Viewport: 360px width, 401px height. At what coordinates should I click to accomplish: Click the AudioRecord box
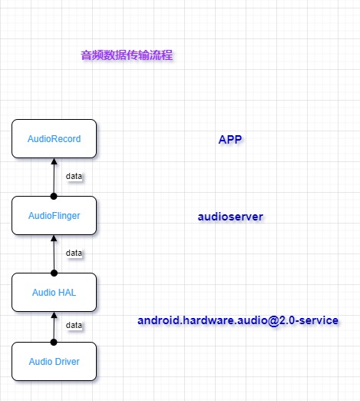coord(54,139)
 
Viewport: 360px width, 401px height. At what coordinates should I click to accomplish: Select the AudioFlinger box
coord(54,216)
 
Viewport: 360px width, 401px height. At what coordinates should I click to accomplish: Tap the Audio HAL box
coord(54,292)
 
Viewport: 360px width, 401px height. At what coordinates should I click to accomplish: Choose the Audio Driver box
coord(54,361)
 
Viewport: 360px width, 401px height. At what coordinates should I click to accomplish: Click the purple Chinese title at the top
coord(127,55)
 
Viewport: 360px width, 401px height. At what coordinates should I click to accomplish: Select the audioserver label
coord(230,217)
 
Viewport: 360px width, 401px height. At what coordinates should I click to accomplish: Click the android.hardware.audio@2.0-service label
coord(238,320)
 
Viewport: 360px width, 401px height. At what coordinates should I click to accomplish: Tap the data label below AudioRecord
coord(74,176)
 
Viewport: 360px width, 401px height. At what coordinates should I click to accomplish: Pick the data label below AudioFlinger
coord(74,252)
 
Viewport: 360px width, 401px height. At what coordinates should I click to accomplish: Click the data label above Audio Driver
coord(74,325)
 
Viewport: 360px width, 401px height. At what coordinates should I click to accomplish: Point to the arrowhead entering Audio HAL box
coord(54,315)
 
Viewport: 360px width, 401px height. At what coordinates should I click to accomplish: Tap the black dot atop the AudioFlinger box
coord(54,196)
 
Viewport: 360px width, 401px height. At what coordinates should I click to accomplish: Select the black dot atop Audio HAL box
coord(54,273)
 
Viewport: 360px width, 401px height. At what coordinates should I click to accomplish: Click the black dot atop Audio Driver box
coord(54,342)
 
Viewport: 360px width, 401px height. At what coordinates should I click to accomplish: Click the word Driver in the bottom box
coord(66,361)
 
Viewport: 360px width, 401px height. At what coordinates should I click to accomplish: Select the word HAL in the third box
coord(67,292)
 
